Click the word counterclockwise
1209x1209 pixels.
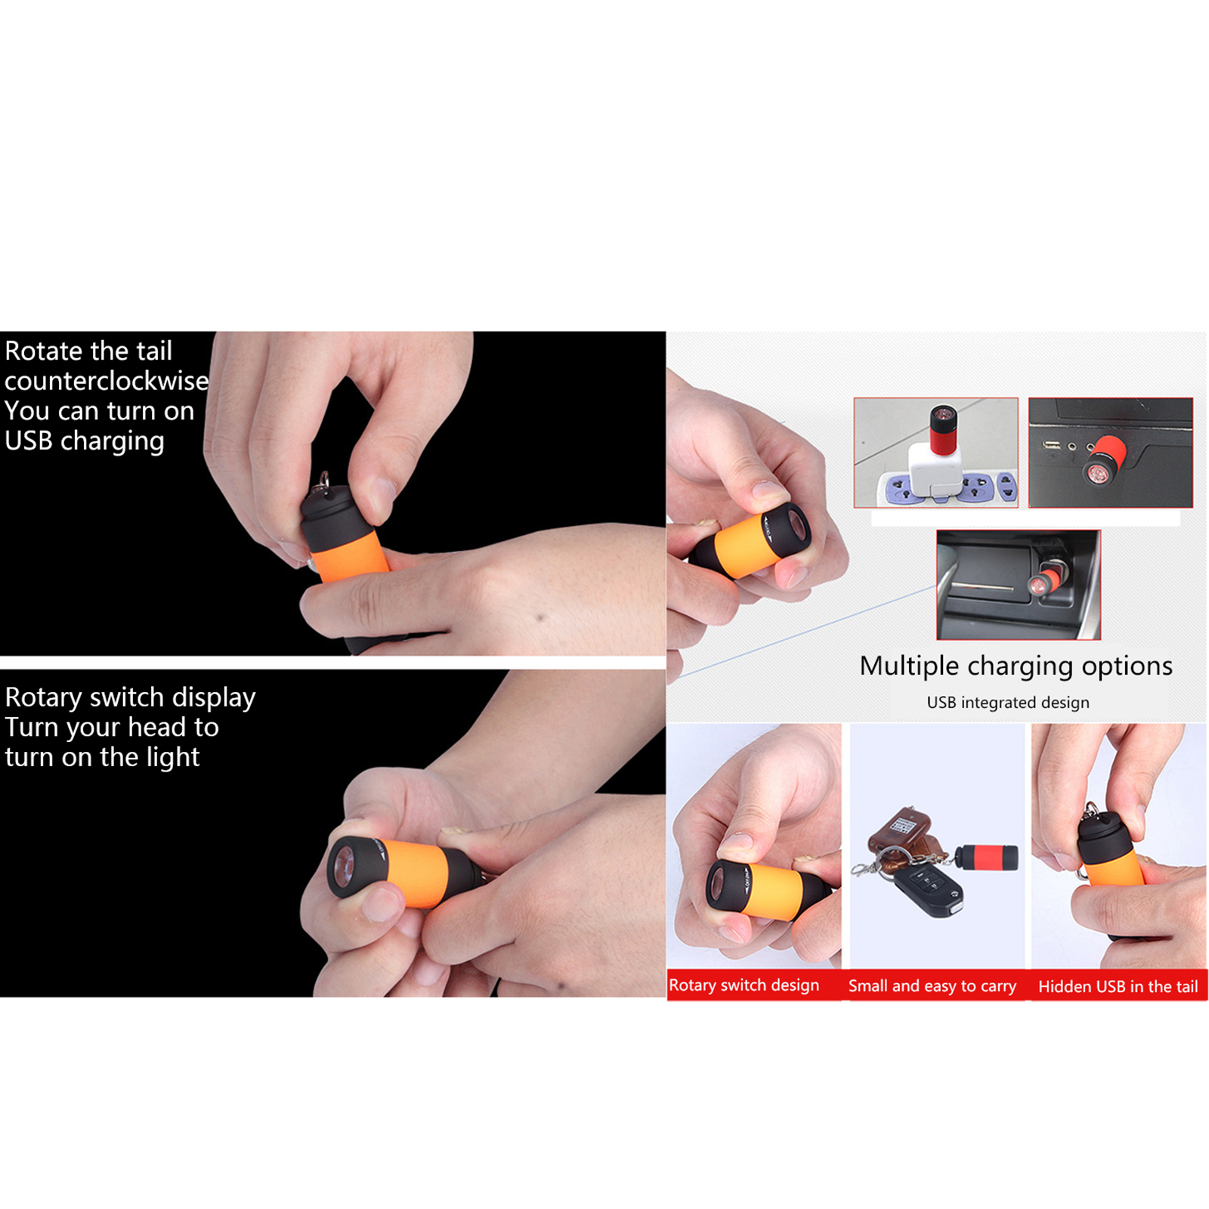[x=107, y=381]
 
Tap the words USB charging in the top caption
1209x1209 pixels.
[x=85, y=441]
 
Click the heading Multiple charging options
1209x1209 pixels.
[x=1016, y=666]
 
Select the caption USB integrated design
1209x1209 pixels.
[x=1008, y=702]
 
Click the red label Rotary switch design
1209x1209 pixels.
[x=744, y=985]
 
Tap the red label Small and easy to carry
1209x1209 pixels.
[x=932, y=986]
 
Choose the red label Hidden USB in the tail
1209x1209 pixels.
[x=1118, y=986]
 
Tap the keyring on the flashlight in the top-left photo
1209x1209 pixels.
[x=324, y=483]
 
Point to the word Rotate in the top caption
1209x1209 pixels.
[x=44, y=351]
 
